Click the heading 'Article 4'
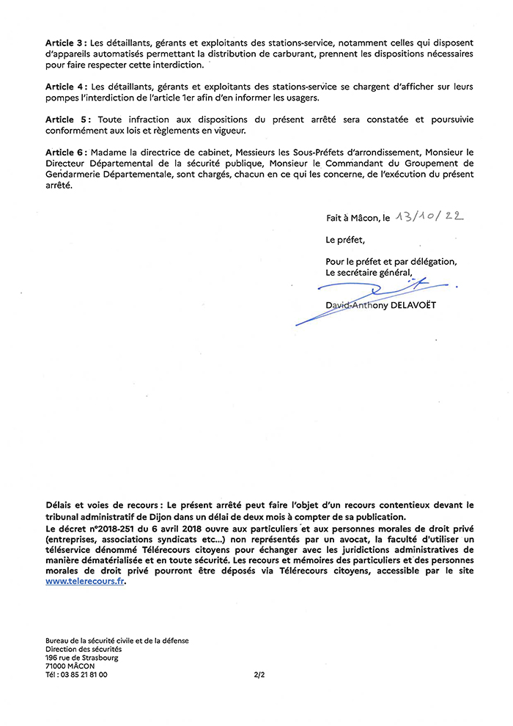[65, 87]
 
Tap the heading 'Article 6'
[65, 151]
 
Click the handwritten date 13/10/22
[430, 217]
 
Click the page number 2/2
[258, 675]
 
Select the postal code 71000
[56, 666]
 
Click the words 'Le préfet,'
[344, 240]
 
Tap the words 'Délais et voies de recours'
[101, 505]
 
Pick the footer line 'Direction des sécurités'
[84, 649]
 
